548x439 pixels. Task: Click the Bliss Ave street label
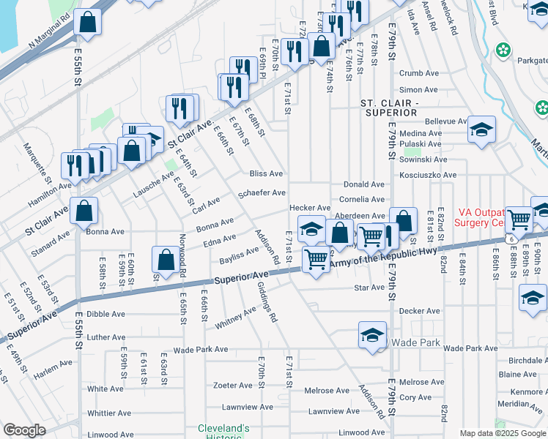click(x=266, y=174)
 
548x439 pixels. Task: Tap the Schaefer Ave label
click(x=262, y=193)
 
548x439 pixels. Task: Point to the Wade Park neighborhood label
click(x=415, y=342)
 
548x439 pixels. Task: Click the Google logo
click(x=24, y=430)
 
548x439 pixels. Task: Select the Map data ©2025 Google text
click(x=501, y=433)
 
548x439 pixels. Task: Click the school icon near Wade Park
click(x=372, y=335)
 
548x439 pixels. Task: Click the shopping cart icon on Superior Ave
click(x=315, y=260)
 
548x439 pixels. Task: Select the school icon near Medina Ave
click(x=481, y=130)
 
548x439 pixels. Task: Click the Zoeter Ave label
click(x=232, y=386)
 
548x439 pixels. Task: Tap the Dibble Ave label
click(x=106, y=314)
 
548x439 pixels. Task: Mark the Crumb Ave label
click(x=418, y=73)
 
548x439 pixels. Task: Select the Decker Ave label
click(x=419, y=311)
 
